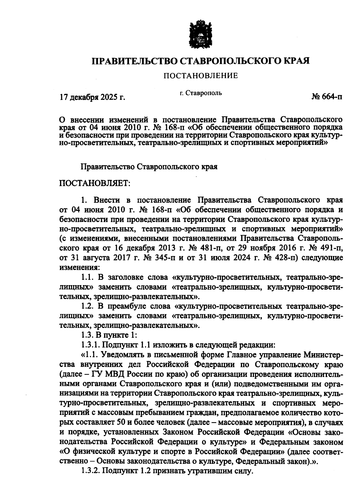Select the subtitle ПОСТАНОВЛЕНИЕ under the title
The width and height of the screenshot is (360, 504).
point(200,76)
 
